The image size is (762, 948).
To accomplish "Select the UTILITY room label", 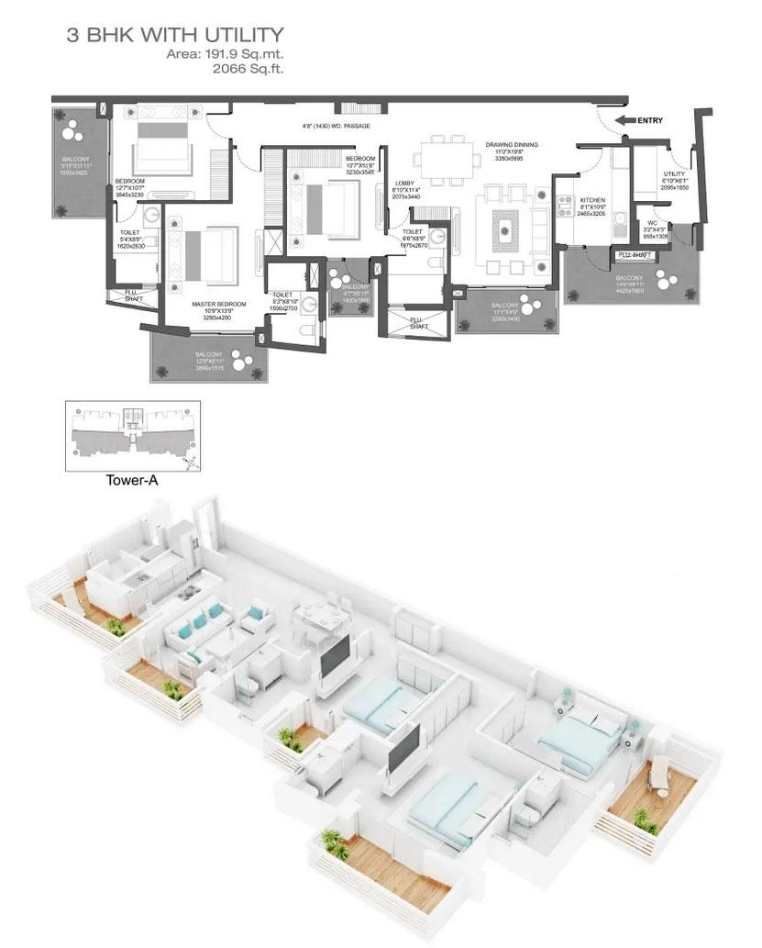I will point(675,174).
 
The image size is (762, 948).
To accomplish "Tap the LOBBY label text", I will point(404,184).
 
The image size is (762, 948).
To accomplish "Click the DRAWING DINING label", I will point(512,145).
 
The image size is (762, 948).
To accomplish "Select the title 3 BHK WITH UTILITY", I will point(173,36).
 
